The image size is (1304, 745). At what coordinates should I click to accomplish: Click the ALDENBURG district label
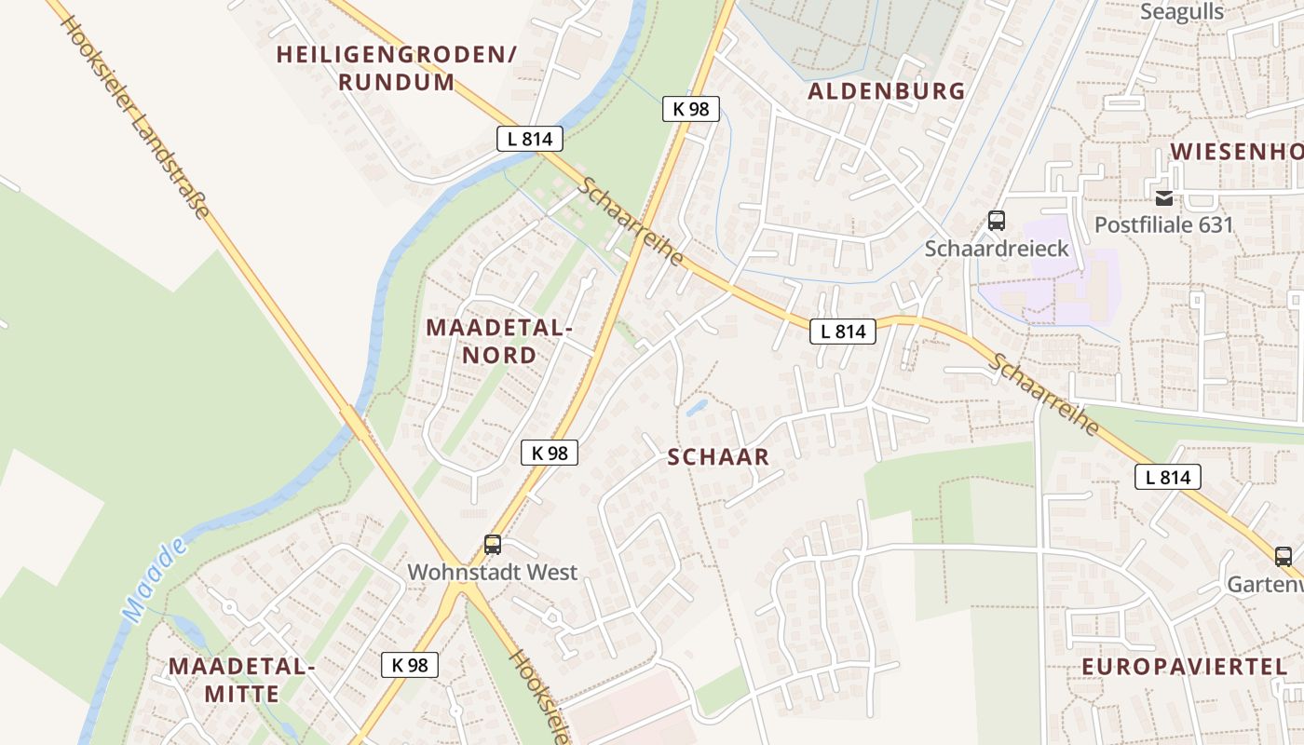click(x=886, y=90)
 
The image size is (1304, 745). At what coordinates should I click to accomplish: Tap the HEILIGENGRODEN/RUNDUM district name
click(x=396, y=68)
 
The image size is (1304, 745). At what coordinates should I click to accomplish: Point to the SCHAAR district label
click(x=718, y=456)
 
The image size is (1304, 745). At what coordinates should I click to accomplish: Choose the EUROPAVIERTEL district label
click(x=1184, y=666)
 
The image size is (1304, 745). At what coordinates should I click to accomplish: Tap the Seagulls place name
click(x=1182, y=12)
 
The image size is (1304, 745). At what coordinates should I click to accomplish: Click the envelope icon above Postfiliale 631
click(x=1164, y=197)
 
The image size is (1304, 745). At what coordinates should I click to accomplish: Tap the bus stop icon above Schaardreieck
click(x=997, y=221)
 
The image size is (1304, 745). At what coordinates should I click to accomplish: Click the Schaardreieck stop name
click(x=997, y=249)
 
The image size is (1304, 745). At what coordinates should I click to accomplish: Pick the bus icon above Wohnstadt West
click(x=493, y=545)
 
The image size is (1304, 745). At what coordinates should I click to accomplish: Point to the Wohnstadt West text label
click(x=493, y=572)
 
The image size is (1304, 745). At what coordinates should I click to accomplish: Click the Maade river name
click(x=154, y=582)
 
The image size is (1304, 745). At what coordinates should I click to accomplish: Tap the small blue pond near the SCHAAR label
click(x=697, y=407)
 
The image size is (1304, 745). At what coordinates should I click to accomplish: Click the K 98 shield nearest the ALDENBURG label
click(x=691, y=109)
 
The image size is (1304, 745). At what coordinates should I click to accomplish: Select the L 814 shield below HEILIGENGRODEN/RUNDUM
click(x=530, y=139)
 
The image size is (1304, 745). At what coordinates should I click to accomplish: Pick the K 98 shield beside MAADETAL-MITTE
click(x=410, y=664)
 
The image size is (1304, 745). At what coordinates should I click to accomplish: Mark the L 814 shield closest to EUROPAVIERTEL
click(x=1168, y=478)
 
